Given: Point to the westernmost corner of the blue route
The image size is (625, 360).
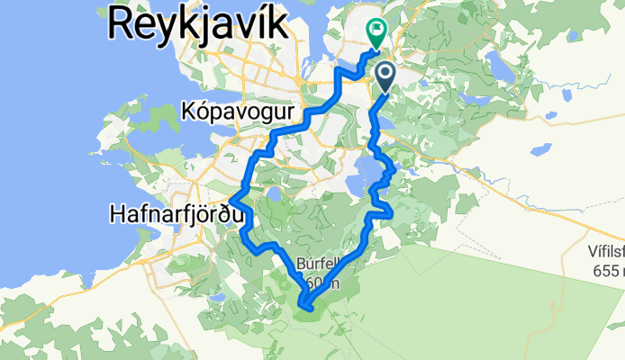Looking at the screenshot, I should (231, 199).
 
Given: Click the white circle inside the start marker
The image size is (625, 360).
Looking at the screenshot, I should (385, 72).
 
